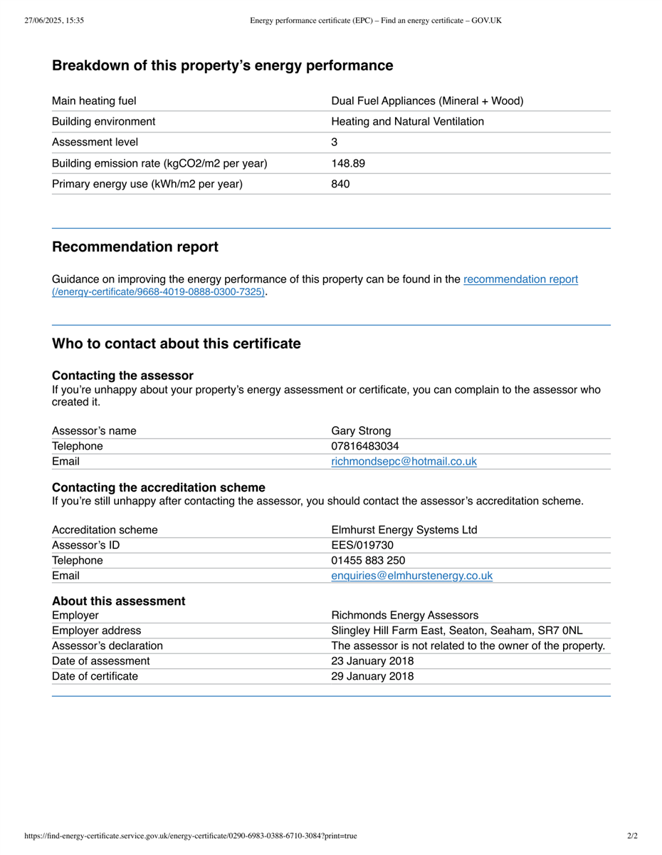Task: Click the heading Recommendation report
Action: (x=135, y=247)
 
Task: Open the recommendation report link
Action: (x=520, y=279)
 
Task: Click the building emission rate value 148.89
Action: (x=348, y=163)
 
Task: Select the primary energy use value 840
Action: (x=340, y=184)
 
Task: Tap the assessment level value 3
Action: (x=335, y=142)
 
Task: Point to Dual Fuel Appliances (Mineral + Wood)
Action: (x=427, y=101)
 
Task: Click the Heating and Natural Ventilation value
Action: (x=407, y=122)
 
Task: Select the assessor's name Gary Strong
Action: (x=361, y=431)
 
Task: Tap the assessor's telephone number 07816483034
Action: (x=365, y=446)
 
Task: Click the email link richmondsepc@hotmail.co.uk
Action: (x=404, y=462)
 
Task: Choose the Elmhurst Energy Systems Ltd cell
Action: (x=404, y=530)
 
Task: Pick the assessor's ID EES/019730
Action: (x=362, y=546)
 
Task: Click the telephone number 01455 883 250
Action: (x=368, y=561)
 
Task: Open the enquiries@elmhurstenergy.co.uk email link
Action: (x=411, y=576)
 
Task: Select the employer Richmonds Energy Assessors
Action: (x=404, y=616)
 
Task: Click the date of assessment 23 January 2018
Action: (x=372, y=661)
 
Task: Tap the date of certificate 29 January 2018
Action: (x=372, y=676)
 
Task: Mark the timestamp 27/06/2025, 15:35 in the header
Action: (x=54, y=21)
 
